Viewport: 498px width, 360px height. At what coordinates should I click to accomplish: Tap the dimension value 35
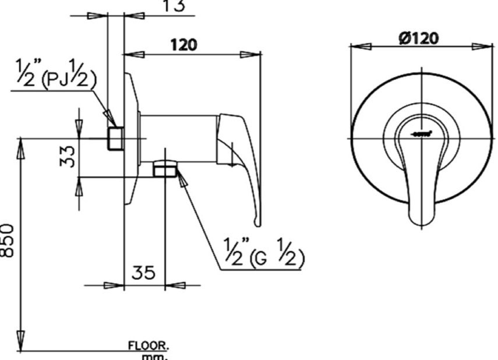tap(143, 273)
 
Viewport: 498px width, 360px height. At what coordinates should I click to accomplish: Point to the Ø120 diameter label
tap(419, 38)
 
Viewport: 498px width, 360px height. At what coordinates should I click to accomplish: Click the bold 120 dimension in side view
tap(183, 44)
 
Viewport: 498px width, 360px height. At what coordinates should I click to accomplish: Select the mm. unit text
tap(156, 356)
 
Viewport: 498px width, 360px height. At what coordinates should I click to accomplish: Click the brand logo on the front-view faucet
tap(421, 133)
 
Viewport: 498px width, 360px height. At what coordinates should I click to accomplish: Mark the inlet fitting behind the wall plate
tap(115, 138)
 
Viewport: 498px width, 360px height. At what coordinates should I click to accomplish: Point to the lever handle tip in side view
tap(257, 221)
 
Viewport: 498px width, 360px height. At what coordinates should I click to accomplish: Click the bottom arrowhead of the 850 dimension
tap(21, 341)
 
